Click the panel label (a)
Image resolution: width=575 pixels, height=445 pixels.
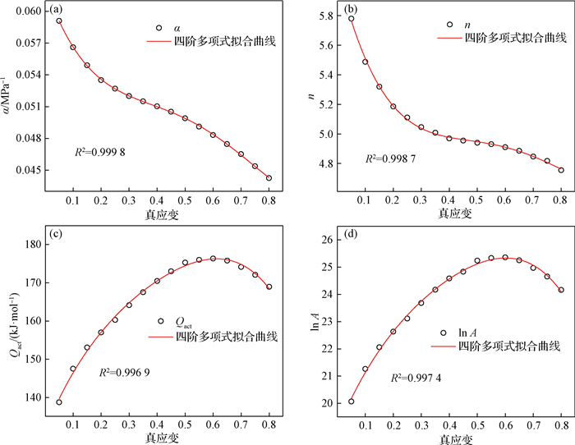point(57,11)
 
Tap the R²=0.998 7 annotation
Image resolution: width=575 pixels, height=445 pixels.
point(391,157)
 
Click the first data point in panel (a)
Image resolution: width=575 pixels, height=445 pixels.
point(59,21)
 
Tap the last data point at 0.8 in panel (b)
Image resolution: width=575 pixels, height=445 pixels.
point(561,170)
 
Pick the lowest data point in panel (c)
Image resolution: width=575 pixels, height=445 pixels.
point(59,402)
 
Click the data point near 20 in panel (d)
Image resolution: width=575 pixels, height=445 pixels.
point(352,401)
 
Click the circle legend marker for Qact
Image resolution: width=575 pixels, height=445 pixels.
point(159,322)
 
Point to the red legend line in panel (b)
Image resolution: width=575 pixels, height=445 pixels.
point(444,38)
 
